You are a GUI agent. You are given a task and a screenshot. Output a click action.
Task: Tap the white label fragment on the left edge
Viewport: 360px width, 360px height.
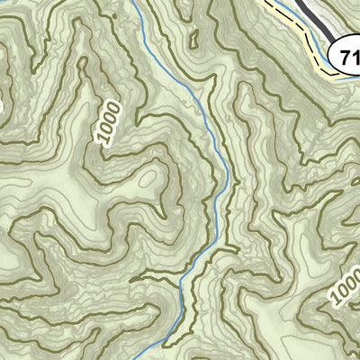(2, 106)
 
